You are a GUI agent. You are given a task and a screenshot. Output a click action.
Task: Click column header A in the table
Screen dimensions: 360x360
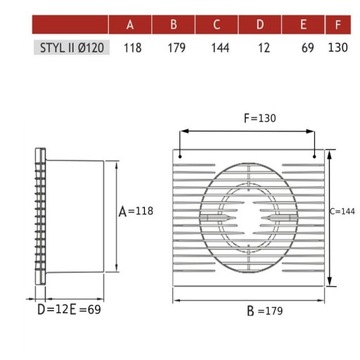click(130, 23)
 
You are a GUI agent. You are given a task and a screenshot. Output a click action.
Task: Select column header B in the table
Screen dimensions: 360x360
click(173, 23)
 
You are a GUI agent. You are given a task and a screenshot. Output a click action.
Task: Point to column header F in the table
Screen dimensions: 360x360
click(340, 23)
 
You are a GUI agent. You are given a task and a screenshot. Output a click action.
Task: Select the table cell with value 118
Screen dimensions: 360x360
click(130, 47)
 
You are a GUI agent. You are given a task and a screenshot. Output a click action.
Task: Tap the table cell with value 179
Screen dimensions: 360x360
click(173, 47)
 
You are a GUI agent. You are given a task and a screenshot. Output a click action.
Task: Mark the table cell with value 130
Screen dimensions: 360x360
click(340, 47)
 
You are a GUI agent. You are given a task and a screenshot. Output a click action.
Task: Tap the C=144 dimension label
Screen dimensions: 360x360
click(342, 211)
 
